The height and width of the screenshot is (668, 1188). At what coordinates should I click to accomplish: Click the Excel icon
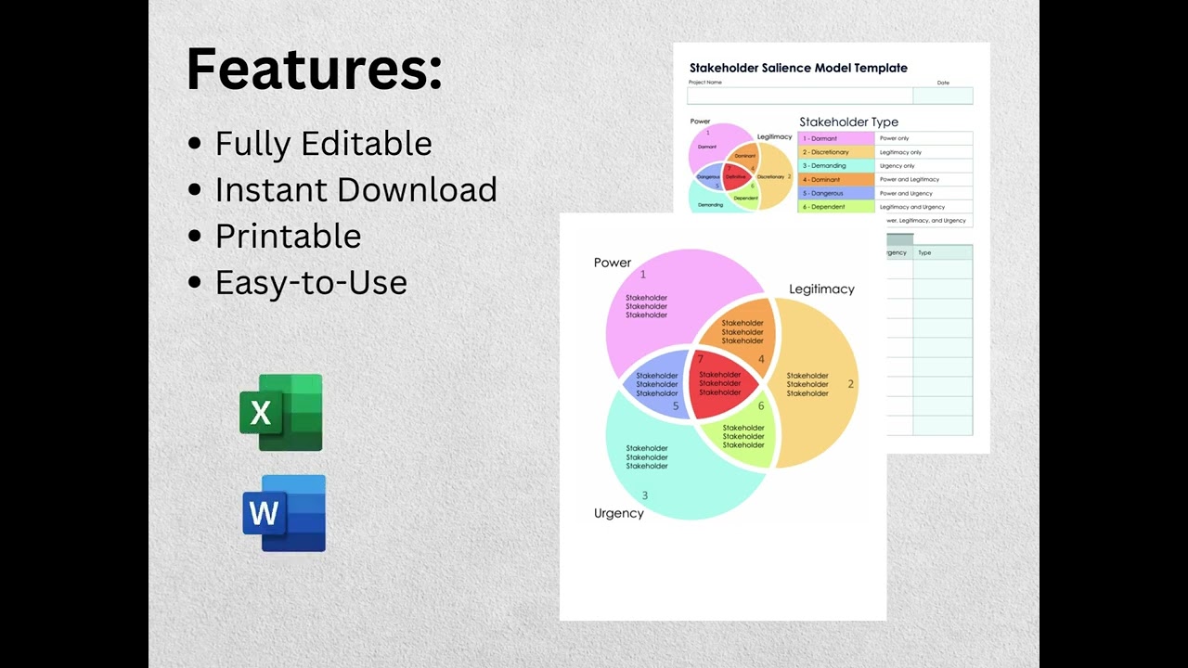[x=281, y=413]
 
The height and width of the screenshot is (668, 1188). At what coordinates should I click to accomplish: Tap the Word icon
[x=284, y=513]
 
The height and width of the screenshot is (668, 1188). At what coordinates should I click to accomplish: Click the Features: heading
[x=314, y=70]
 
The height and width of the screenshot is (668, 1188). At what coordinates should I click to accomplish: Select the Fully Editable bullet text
[x=323, y=144]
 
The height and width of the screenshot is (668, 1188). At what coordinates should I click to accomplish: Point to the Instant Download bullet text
[x=355, y=190]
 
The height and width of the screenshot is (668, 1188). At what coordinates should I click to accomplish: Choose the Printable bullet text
[x=288, y=237]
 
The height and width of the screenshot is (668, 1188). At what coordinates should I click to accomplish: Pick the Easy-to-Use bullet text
[x=311, y=283]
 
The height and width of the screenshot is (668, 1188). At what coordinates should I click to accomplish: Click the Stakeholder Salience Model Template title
[x=798, y=68]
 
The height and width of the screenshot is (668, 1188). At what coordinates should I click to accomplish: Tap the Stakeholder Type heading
[x=848, y=122]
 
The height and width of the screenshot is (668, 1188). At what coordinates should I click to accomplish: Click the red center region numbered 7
[x=720, y=383]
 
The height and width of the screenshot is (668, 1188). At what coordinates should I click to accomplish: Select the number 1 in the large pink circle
[x=643, y=275]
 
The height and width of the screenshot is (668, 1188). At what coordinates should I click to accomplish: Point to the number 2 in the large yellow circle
[x=850, y=384]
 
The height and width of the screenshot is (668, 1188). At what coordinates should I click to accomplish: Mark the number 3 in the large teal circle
[x=645, y=495]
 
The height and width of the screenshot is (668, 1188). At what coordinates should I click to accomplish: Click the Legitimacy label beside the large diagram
[x=821, y=289]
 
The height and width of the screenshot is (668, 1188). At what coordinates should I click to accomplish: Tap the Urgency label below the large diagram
[x=618, y=513]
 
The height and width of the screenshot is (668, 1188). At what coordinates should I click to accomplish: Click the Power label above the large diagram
[x=613, y=263]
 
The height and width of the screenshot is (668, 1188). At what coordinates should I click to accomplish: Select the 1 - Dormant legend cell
[x=835, y=138]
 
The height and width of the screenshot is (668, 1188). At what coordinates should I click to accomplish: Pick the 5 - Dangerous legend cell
[x=835, y=193]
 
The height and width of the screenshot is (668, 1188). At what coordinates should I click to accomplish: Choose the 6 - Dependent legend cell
[x=835, y=207]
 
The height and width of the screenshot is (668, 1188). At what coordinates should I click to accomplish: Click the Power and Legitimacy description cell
[x=923, y=179]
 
